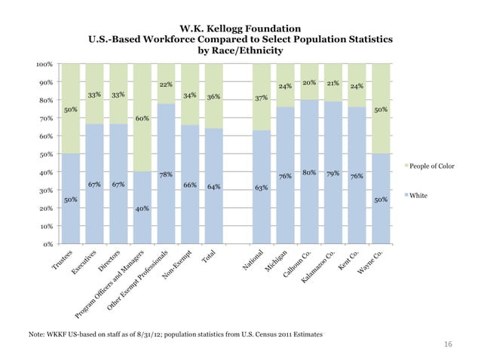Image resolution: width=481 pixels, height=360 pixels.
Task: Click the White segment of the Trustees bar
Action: (71, 199)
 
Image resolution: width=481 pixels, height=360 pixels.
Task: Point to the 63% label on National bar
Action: (262, 188)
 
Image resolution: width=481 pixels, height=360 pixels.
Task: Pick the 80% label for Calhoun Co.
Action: (309, 172)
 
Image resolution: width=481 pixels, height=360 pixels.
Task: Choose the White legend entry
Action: (418, 196)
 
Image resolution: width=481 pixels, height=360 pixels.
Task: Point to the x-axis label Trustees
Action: (63, 262)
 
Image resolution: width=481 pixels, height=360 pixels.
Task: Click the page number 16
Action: (448, 344)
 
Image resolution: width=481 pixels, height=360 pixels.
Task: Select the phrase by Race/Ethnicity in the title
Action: (240, 51)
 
